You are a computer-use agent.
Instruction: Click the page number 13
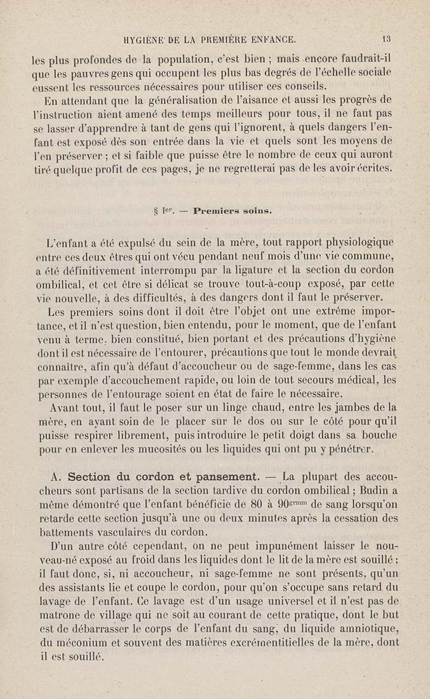pyautogui.click(x=387, y=39)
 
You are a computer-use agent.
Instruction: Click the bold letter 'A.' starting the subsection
pyautogui.click(x=56, y=477)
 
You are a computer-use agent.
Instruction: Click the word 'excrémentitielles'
pyautogui.click(x=253, y=643)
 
